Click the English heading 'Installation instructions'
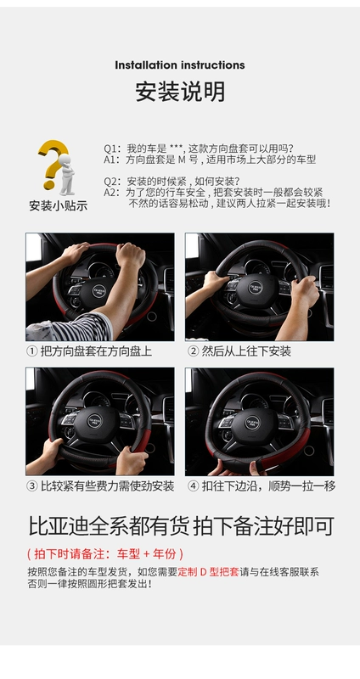coord(180,65)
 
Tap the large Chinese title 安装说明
coord(180,92)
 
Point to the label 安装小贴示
coord(59,205)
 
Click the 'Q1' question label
coord(110,149)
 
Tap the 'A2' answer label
coord(110,193)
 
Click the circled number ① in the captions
coord(32,351)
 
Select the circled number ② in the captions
coord(194,351)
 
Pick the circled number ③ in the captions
coord(32,485)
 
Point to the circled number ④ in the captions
coord(194,485)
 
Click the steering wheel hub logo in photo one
coord(99,291)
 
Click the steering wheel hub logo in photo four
coord(252,423)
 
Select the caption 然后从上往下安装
coord(246,351)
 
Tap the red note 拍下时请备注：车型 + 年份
coord(105,553)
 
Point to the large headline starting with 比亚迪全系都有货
coord(181,526)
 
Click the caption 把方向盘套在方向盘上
coord(96,351)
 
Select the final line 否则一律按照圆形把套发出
coord(90,584)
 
